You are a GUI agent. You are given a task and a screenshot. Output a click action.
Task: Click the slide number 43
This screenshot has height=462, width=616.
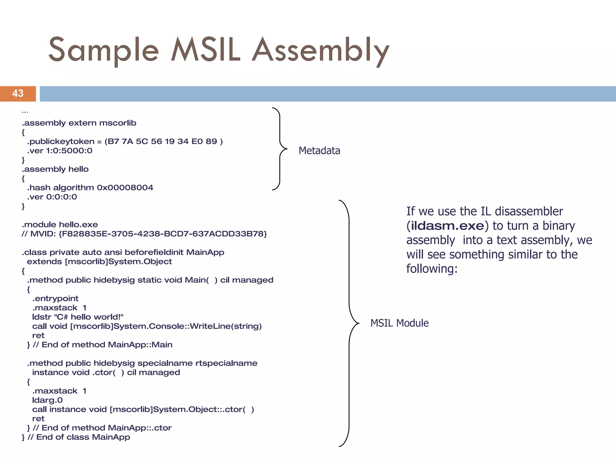(18, 94)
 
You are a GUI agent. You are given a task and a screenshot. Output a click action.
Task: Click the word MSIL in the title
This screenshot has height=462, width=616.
(206, 50)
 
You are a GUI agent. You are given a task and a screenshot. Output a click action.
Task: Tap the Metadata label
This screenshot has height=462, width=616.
(319, 150)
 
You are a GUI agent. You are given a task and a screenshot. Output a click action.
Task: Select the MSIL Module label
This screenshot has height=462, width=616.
(399, 323)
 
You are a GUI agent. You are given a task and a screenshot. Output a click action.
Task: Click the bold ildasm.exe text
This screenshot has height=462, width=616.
(447, 226)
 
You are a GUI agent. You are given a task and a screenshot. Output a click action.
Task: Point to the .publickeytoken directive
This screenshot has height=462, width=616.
(60, 141)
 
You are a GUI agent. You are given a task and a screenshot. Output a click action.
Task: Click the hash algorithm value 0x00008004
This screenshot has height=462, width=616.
(125, 188)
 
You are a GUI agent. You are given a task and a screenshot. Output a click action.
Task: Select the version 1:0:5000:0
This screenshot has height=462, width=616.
(69, 151)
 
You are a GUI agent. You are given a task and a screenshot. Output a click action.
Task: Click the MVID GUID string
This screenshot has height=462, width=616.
(163, 234)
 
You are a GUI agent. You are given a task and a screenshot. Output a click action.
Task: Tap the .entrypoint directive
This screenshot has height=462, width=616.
(55, 299)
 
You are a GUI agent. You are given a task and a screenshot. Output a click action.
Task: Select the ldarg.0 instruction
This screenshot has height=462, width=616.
(47, 400)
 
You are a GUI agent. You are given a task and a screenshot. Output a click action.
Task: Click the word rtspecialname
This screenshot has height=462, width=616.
(226, 363)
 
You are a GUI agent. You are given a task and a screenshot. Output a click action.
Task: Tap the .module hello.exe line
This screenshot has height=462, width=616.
(60, 225)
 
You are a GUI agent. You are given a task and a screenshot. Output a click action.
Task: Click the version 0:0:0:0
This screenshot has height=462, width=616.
(61, 197)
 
